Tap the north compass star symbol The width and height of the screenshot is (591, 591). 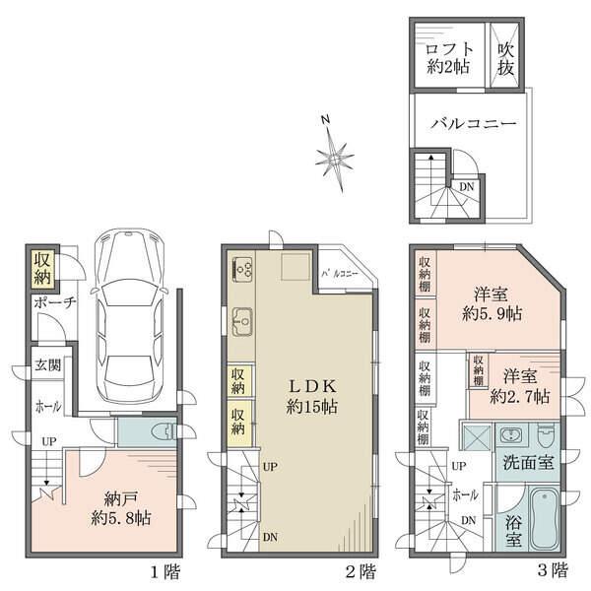point(335,156)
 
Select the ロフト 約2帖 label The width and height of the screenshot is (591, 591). point(448,58)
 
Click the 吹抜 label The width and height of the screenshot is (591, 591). point(505,58)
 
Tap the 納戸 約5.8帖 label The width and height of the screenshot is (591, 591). point(123,505)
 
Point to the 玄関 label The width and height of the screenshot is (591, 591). point(47,365)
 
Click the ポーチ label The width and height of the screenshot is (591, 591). point(53,303)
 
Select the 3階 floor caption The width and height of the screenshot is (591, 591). point(553,570)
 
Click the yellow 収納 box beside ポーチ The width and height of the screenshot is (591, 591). point(41,268)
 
